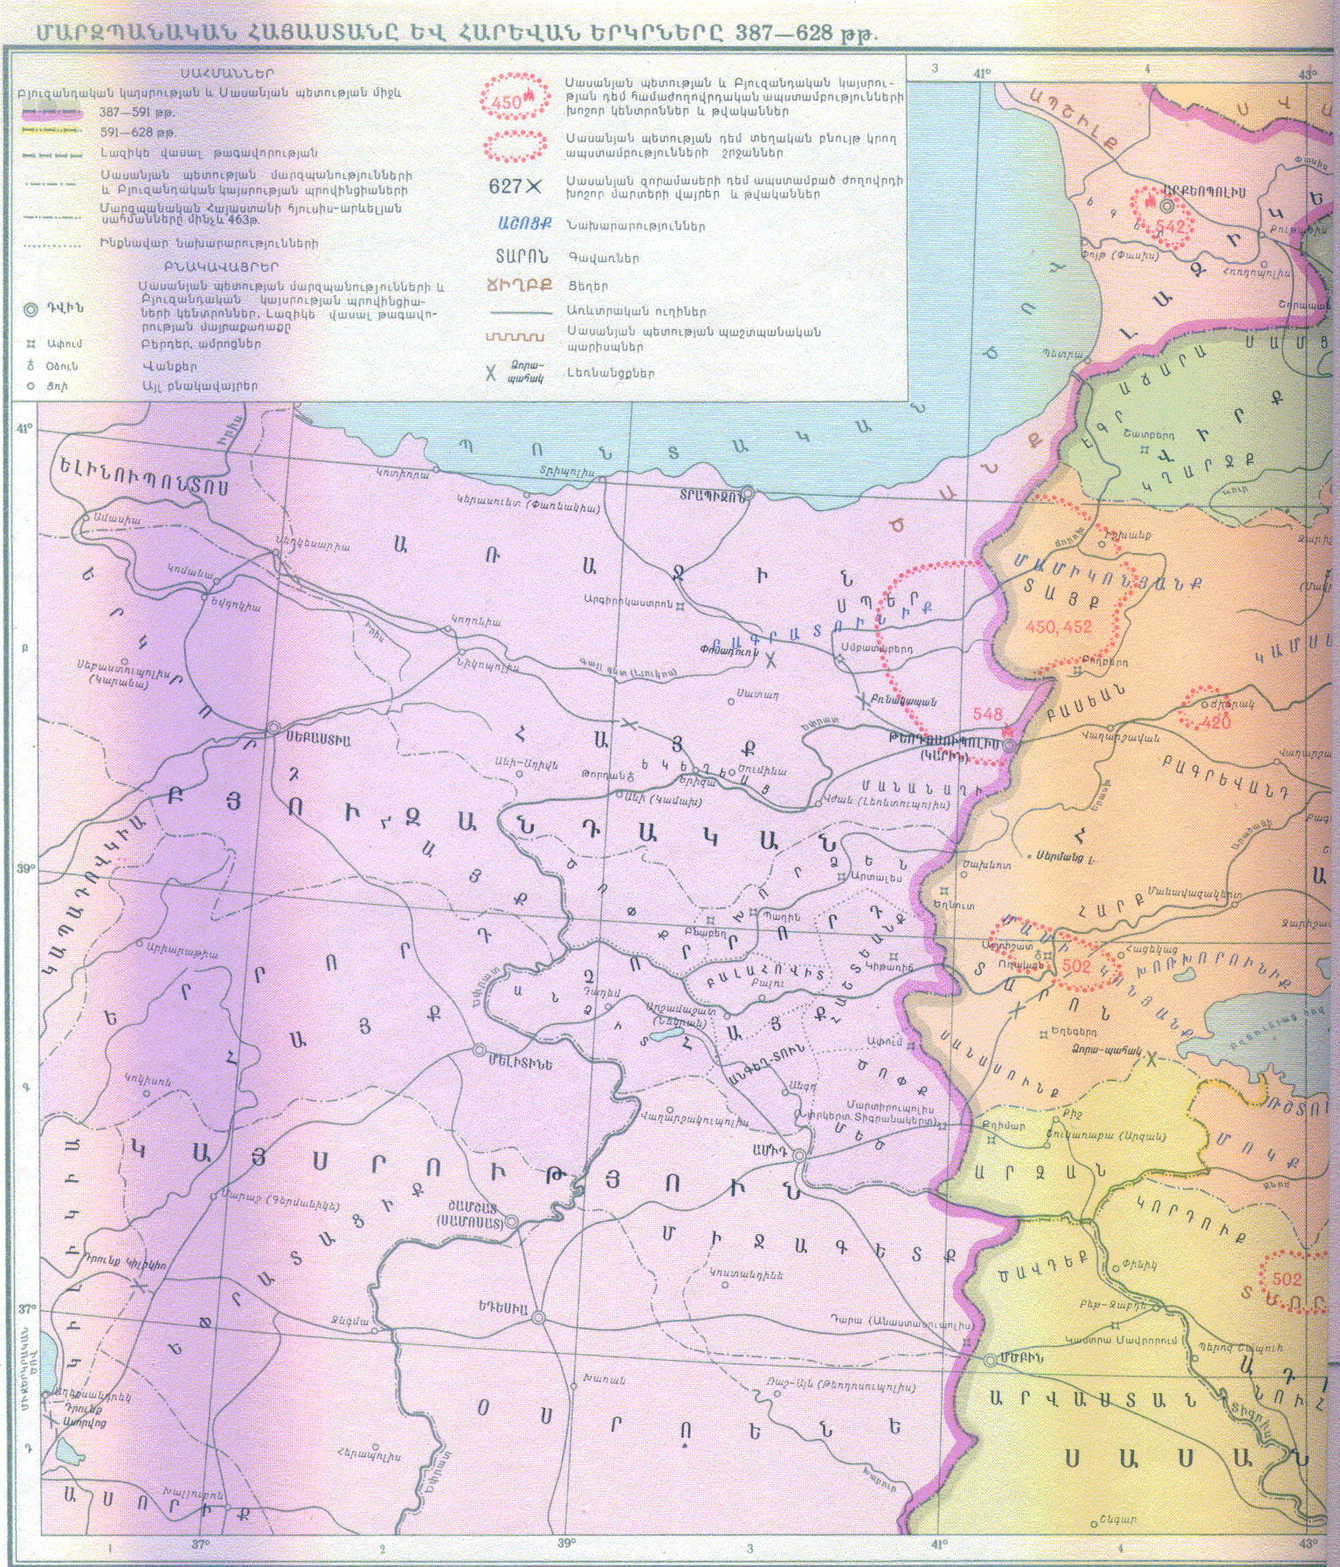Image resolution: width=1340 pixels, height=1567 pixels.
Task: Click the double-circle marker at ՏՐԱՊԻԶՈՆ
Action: (749, 494)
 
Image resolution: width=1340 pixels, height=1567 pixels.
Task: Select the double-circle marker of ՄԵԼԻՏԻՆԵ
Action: (479, 1051)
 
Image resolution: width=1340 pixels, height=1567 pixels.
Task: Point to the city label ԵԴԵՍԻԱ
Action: (502, 1308)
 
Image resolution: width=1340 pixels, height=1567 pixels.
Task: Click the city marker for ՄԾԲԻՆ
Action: (990, 1361)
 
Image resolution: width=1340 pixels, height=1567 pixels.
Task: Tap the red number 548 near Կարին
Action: (987, 714)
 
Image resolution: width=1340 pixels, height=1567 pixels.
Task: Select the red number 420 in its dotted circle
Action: (1215, 722)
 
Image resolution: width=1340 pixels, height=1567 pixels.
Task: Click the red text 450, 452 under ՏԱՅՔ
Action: (1059, 627)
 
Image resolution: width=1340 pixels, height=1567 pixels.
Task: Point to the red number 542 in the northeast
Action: (1171, 227)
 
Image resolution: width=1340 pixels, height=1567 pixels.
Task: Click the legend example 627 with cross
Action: (515, 186)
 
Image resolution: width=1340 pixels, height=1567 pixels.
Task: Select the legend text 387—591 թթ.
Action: (137, 113)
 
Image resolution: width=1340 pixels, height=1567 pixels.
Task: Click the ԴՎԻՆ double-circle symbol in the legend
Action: (31, 308)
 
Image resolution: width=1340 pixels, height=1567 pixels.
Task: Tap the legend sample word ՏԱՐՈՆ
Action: (521, 257)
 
